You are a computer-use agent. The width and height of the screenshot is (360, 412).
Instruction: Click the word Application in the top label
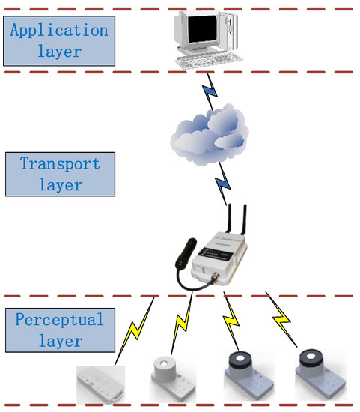click(x=59, y=31)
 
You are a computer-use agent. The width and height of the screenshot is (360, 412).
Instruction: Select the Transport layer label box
click(x=60, y=173)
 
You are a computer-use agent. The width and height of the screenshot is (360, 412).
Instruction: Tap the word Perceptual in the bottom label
click(x=59, y=320)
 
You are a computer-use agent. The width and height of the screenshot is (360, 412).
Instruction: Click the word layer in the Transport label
click(x=60, y=184)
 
